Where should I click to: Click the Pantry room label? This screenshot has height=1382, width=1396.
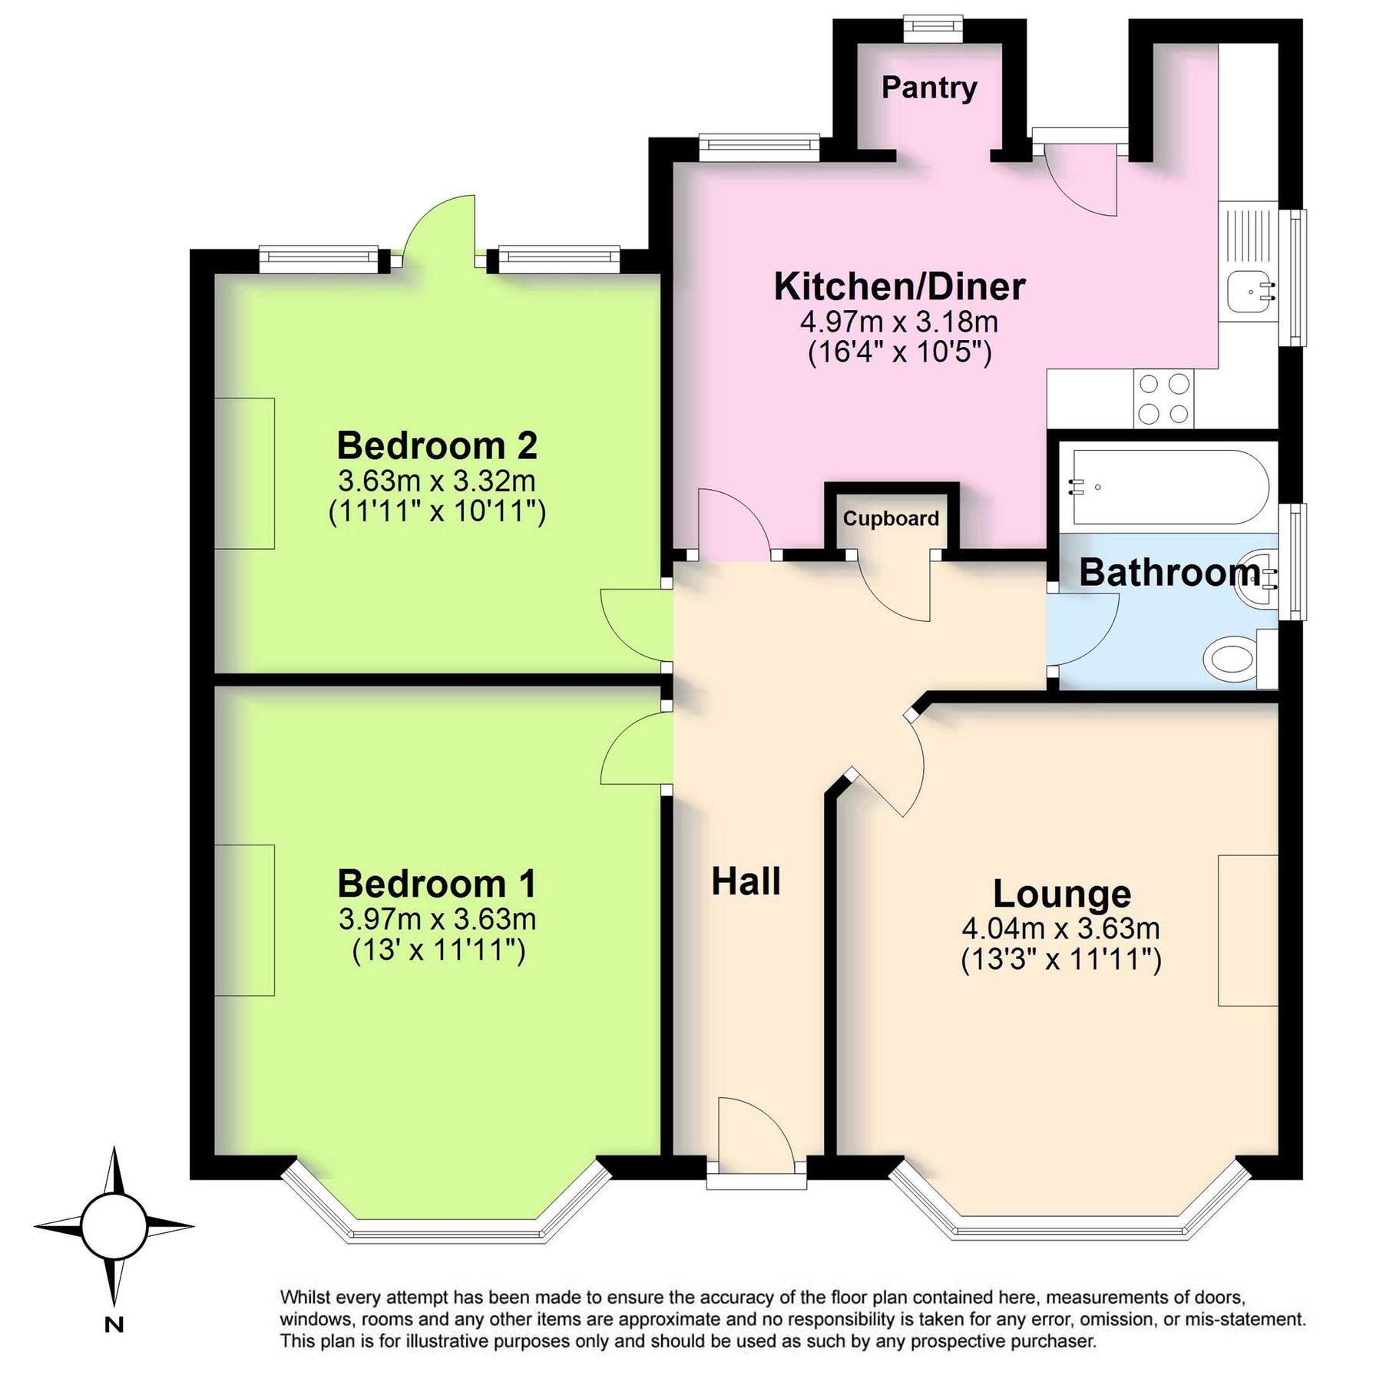(928, 88)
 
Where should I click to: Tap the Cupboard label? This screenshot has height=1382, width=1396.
(891, 519)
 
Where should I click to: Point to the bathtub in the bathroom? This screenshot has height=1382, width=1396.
(1166, 488)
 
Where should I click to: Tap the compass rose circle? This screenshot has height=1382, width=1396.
(114, 1227)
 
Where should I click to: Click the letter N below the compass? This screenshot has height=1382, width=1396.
(114, 1324)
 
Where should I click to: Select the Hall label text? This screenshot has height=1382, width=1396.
(746, 881)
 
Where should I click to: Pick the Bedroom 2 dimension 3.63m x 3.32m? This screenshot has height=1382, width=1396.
(436, 481)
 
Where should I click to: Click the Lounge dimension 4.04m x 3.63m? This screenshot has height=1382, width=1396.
(1060, 928)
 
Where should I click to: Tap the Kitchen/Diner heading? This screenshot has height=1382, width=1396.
(899, 286)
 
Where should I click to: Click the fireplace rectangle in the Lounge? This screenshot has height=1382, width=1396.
(1247, 930)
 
